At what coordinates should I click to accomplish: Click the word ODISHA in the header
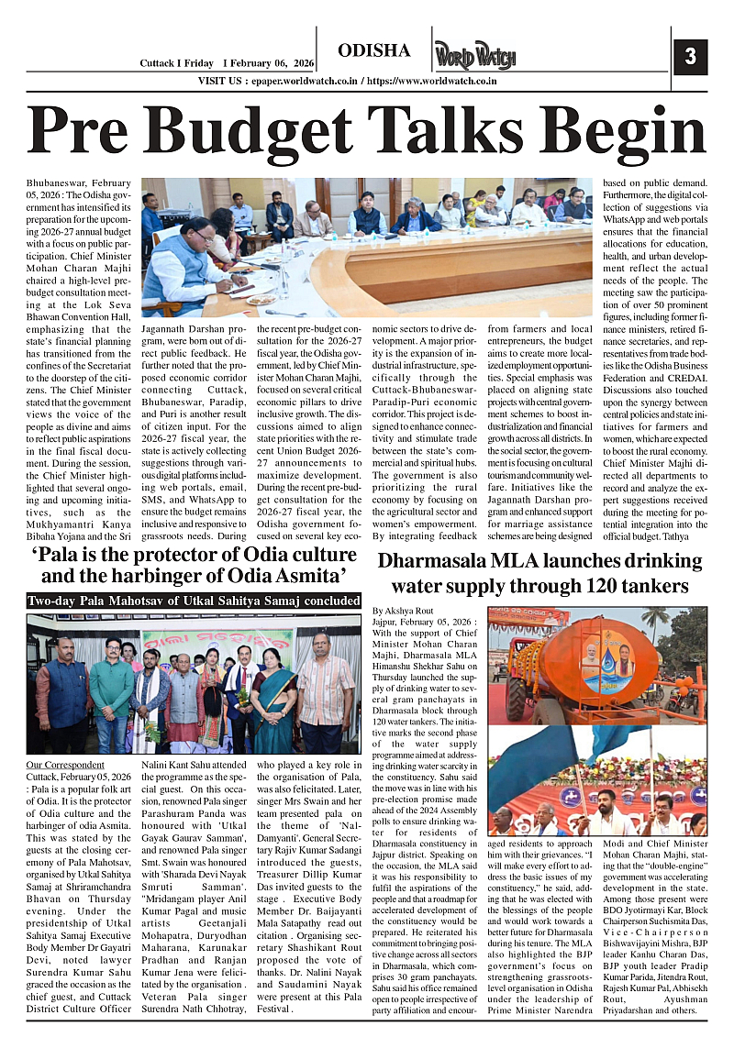point(374,50)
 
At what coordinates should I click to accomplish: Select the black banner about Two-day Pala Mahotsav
point(195,601)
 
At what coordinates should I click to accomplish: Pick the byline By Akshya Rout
point(403,609)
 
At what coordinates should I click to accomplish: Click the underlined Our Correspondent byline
point(65,765)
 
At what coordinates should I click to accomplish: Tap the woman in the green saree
point(272,694)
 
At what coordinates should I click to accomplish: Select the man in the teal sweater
point(112,689)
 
